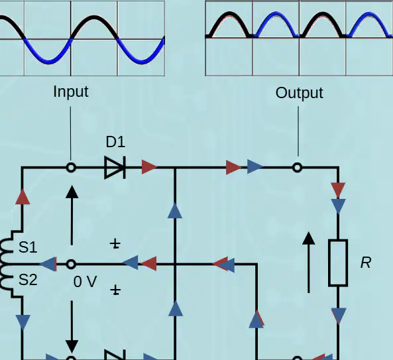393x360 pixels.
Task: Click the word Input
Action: [x=71, y=91]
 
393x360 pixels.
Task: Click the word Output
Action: [x=300, y=93]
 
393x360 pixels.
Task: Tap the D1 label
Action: [x=115, y=142]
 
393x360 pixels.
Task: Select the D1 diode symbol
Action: [x=115, y=168]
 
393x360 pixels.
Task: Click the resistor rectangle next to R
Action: [x=338, y=263]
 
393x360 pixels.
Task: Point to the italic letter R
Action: [x=366, y=263]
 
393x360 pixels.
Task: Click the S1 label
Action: [x=28, y=247]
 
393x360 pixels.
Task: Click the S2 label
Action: [x=28, y=280]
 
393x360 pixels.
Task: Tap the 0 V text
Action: [x=85, y=282]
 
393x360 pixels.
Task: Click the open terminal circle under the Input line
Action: [x=71, y=168]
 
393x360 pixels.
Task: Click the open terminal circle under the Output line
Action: [x=298, y=168]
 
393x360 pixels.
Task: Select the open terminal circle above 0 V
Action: [x=71, y=265]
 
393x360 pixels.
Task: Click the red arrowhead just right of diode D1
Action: [x=149, y=167]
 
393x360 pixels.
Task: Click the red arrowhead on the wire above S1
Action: [x=23, y=197]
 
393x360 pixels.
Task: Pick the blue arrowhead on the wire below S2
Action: [x=23, y=323]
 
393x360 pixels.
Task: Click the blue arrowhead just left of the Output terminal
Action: [x=255, y=166]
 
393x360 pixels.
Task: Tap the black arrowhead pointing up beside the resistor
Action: [x=309, y=238]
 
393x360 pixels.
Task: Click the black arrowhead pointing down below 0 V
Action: [x=72, y=347]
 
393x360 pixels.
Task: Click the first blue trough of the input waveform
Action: [x=48, y=61]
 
